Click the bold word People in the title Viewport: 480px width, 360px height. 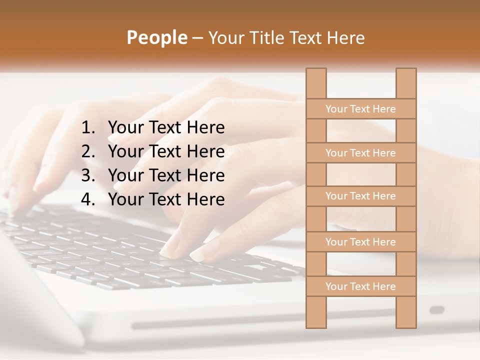click(x=156, y=37)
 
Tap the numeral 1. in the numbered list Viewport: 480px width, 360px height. click(x=88, y=128)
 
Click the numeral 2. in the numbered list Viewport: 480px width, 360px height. click(x=88, y=151)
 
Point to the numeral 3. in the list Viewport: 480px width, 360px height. click(x=88, y=175)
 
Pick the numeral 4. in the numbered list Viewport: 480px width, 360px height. click(x=88, y=199)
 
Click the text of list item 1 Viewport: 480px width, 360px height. click(x=166, y=128)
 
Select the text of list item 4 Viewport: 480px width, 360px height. click(x=166, y=199)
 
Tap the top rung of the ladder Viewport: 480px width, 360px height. click(x=360, y=109)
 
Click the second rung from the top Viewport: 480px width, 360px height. click(x=360, y=153)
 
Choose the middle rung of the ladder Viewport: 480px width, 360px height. click(x=360, y=196)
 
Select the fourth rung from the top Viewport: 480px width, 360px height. click(x=360, y=242)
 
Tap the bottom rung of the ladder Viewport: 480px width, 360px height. click(x=360, y=286)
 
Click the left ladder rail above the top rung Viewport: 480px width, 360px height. click(x=316, y=83)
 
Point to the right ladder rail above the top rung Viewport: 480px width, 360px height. click(x=406, y=83)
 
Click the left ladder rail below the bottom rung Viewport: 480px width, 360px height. click(x=316, y=312)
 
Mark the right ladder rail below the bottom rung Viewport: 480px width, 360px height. click(x=406, y=312)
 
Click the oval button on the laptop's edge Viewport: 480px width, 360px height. click(x=437, y=310)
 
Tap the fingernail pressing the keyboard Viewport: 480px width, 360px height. click(x=199, y=254)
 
